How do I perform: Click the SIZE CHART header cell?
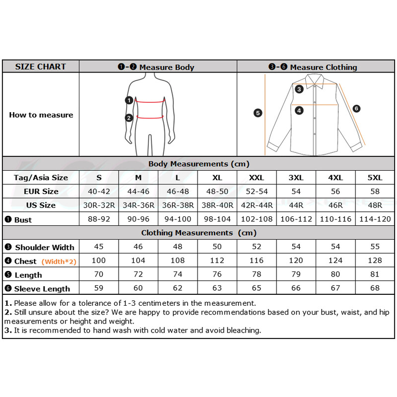click(41, 66)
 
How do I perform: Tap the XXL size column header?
click(257, 178)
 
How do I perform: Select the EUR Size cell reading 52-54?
click(257, 192)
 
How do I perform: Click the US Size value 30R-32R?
click(99, 205)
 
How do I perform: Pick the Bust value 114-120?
click(375, 219)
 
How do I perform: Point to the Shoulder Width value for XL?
click(217, 247)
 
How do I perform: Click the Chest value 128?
click(375, 261)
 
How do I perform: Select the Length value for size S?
click(99, 274)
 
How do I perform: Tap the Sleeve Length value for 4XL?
click(335, 288)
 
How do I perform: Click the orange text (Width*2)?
click(59, 262)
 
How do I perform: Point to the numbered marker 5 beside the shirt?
click(258, 113)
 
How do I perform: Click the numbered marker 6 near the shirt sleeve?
click(356, 109)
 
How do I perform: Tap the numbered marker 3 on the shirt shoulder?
click(299, 89)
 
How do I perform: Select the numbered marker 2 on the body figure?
click(129, 118)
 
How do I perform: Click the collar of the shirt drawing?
click(314, 80)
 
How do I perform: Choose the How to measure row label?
click(41, 115)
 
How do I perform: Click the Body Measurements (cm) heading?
click(198, 164)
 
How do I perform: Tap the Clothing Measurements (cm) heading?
click(198, 233)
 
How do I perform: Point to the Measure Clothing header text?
click(323, 67)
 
